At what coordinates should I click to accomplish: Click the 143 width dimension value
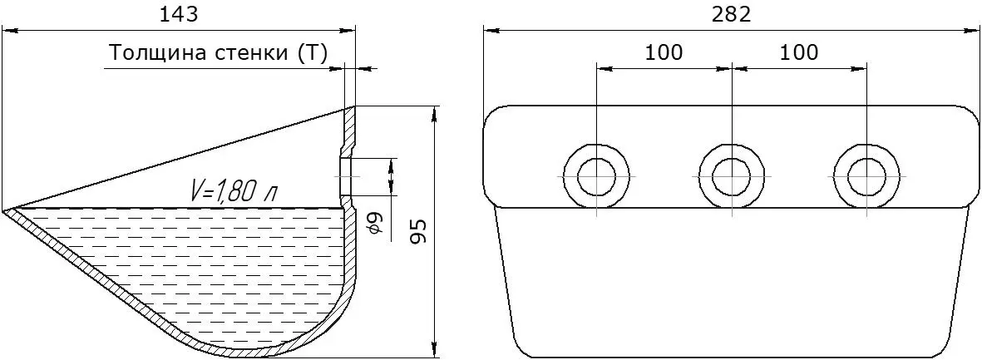coord(179,14)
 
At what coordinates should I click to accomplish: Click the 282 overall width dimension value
coord(732,14)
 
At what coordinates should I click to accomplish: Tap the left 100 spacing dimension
coord(664,52)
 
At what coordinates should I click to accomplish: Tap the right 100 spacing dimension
coord(799,52)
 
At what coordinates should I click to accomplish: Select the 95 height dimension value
coord(419,232)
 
